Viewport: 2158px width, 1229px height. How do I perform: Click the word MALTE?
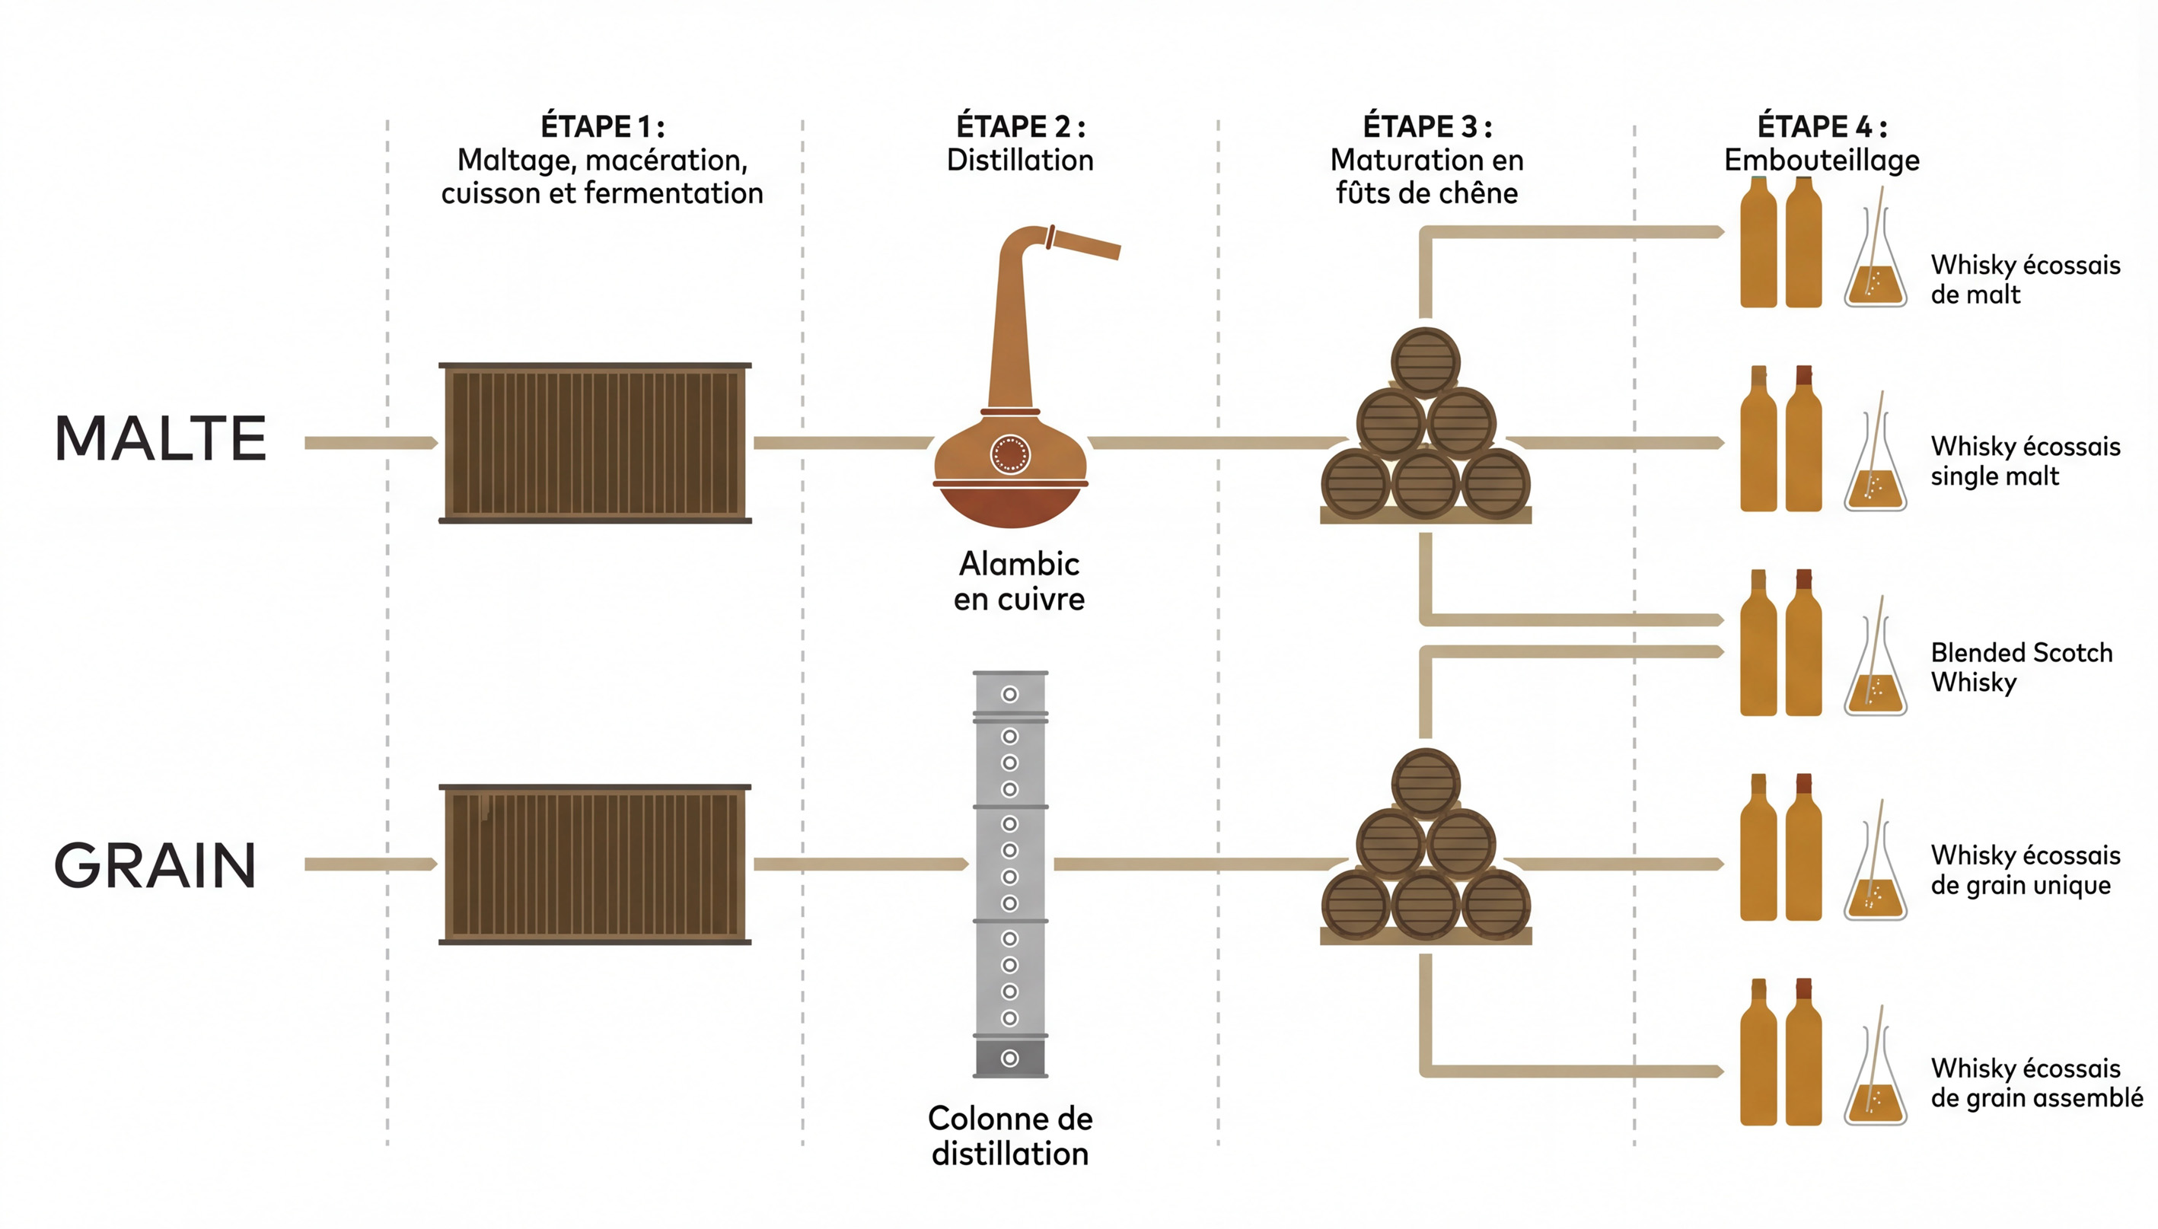(161, 439)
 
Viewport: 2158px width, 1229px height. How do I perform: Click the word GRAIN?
(155, 866)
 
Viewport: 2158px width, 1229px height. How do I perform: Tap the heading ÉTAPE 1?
(602, 126)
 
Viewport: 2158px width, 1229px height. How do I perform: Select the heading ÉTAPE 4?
(1822, 126)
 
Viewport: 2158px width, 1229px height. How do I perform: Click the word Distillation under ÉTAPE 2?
(1020, 161)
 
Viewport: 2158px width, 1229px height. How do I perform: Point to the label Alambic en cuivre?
(1019, 581)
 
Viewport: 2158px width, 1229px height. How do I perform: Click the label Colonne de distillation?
(1010, 1136)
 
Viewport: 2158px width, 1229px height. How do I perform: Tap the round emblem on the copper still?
(1010, 454)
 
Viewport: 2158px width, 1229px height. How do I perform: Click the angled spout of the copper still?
(1085, 244)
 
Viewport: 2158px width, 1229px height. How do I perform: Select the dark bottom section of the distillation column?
(1011, 1058)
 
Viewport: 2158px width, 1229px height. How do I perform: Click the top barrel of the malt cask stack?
(1425, 362)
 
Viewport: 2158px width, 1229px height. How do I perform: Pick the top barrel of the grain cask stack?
(1425, 782)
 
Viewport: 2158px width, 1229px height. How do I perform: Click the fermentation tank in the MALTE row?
(595, 443)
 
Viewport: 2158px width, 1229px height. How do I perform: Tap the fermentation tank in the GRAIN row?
(595, 864)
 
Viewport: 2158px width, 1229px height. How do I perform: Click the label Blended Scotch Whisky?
(2021, 667)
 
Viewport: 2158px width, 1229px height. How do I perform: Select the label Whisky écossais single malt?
(2025, 461)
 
